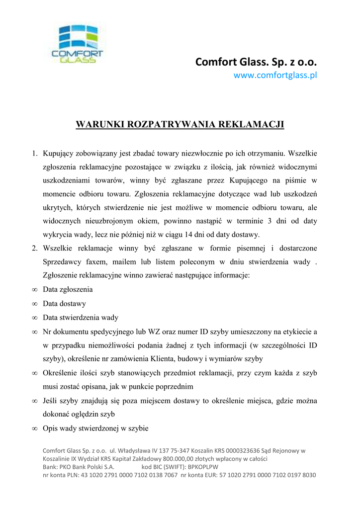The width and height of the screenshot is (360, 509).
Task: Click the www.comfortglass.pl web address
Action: click(x=275, y=76)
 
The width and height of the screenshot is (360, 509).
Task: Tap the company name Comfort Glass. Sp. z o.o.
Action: click(x=256, y=62)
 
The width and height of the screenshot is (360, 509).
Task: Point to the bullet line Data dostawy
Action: click(x=65, y=303)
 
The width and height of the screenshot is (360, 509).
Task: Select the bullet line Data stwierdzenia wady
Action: click(x=81, y=317)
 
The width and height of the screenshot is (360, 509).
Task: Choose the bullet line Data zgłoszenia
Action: click(x=68, y=289)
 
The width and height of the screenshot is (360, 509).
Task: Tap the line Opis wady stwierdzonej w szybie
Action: click(x=95, y=427)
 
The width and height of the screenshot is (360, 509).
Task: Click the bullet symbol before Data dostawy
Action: click(x=34, y=304)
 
